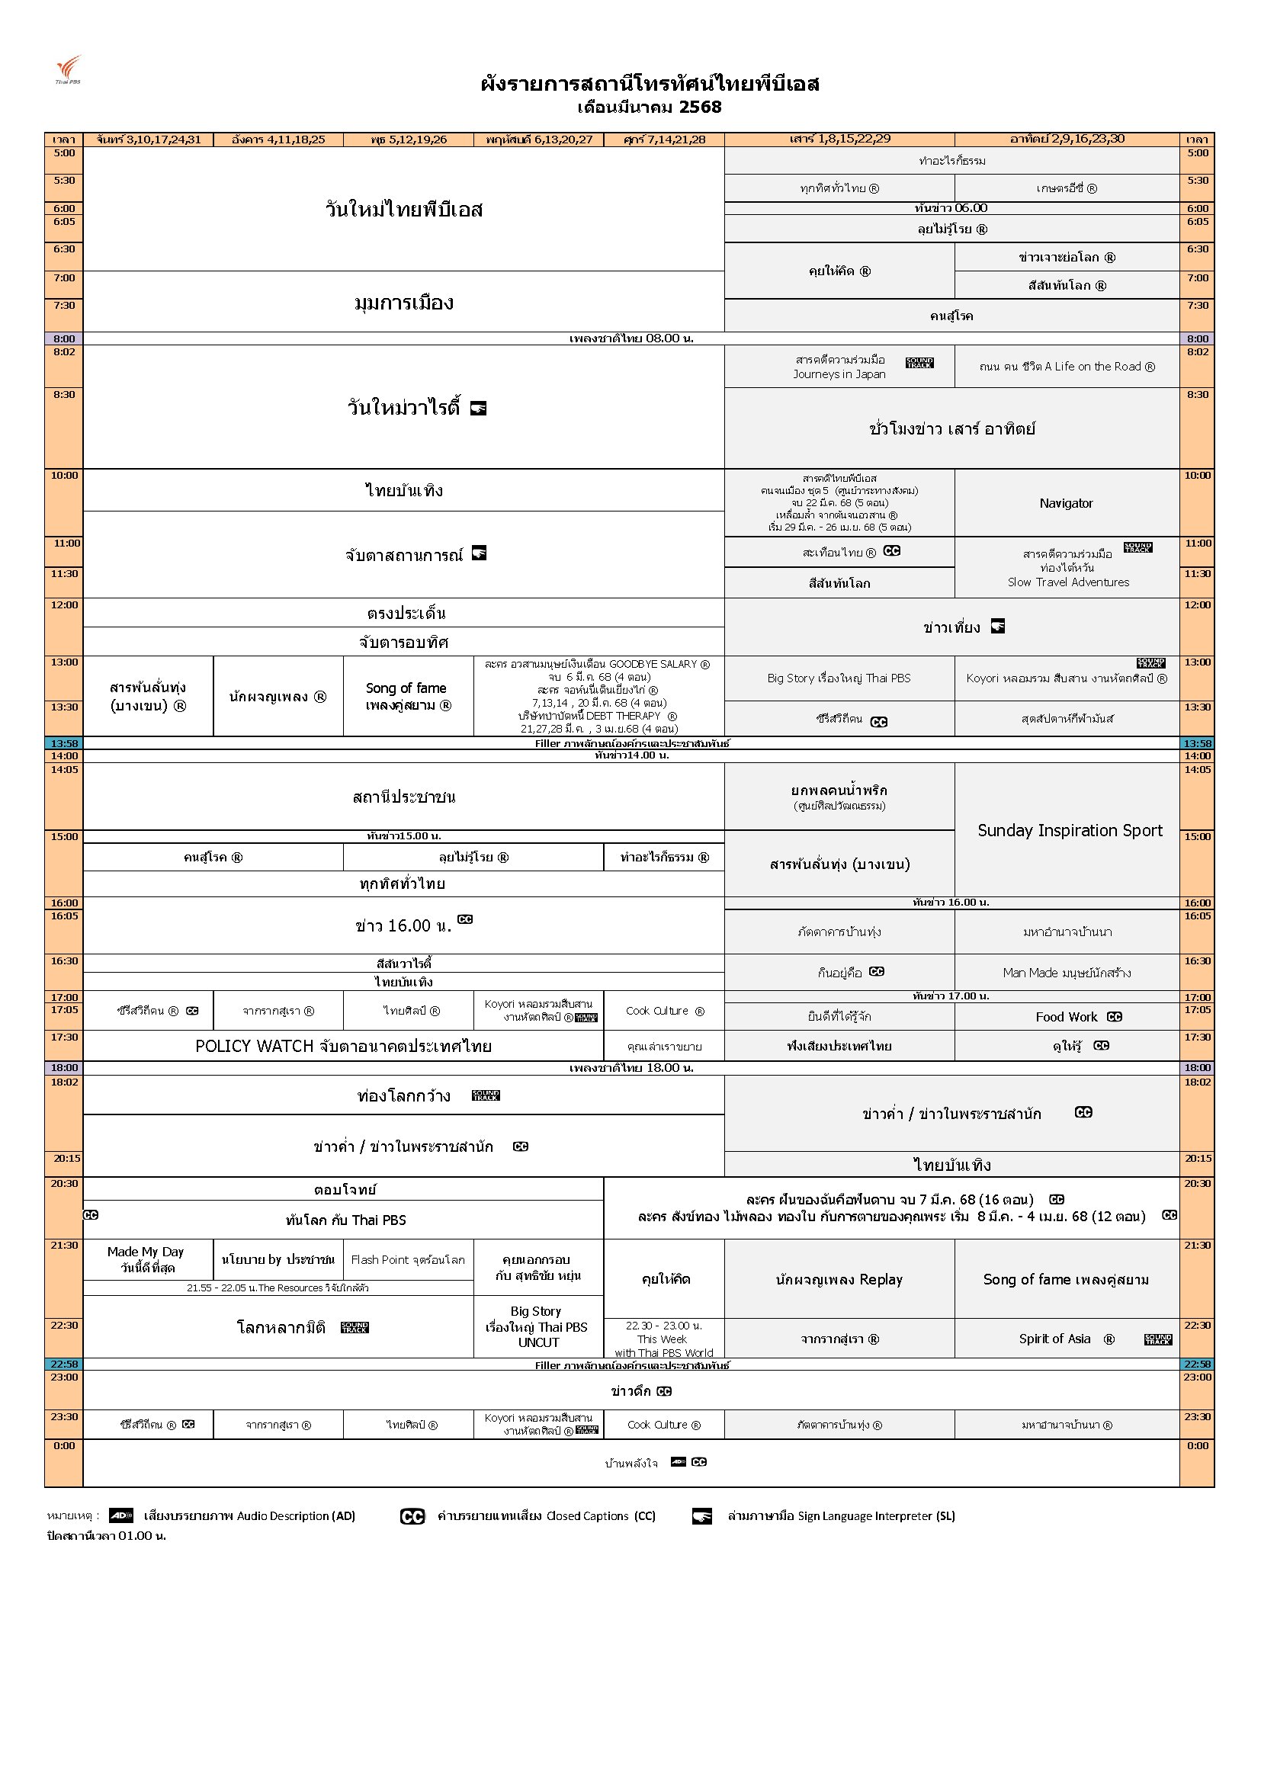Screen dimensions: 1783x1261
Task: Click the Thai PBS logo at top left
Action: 69,69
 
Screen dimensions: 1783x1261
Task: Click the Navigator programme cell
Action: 1066,503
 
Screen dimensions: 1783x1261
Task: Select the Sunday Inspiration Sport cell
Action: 1069,830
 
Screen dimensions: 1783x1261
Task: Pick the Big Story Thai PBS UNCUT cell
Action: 537,1326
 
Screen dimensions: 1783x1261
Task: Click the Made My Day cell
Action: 146,1259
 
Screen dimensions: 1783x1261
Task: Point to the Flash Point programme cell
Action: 408,1259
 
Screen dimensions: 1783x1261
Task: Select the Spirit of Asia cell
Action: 1066,1339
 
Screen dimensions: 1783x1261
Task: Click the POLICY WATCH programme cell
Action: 343,1046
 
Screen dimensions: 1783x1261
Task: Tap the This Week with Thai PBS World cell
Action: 664,1339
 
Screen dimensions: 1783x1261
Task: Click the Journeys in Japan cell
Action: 839,367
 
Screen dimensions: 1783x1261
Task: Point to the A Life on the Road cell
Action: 1067,367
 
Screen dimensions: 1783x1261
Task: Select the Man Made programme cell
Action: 1067,972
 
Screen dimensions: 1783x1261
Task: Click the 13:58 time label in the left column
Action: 64,743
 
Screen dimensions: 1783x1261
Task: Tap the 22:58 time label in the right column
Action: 1197,1365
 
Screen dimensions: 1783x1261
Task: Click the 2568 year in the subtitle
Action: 700,107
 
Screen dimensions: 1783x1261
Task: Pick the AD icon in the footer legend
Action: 120,1515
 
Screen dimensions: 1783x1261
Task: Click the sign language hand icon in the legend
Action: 702,1516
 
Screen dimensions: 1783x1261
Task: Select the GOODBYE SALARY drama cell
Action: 597,696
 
